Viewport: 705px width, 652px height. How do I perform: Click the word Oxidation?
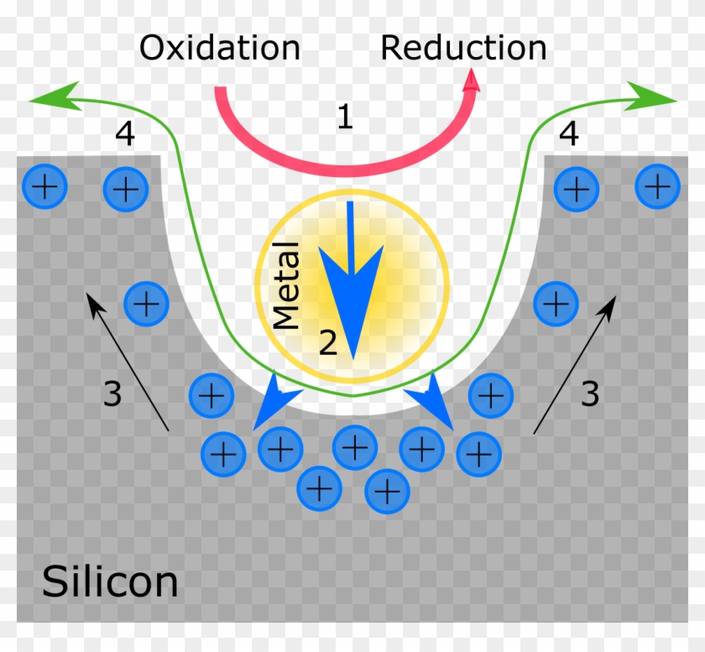pyautogui.click(x=219, y=48)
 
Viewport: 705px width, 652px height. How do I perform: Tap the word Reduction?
pyautogui.click(x=463, y=48)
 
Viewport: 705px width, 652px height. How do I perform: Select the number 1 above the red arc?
pyautogui.click(x=344, y=117)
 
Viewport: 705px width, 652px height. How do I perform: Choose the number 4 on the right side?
pyautogui.click(x=569, y=134)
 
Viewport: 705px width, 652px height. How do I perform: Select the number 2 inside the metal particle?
pyautogui.click(x=327, y=342)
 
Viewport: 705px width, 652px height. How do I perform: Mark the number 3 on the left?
pyautogui.click(x=112, y=394)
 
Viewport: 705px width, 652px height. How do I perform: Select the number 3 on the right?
pyautogui.click(x=590, y=394)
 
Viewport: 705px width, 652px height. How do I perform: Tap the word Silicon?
pyautogui.click(x=110, y=582)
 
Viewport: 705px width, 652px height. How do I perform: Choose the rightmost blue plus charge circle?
pyautogui.click(x=657, y=186)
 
